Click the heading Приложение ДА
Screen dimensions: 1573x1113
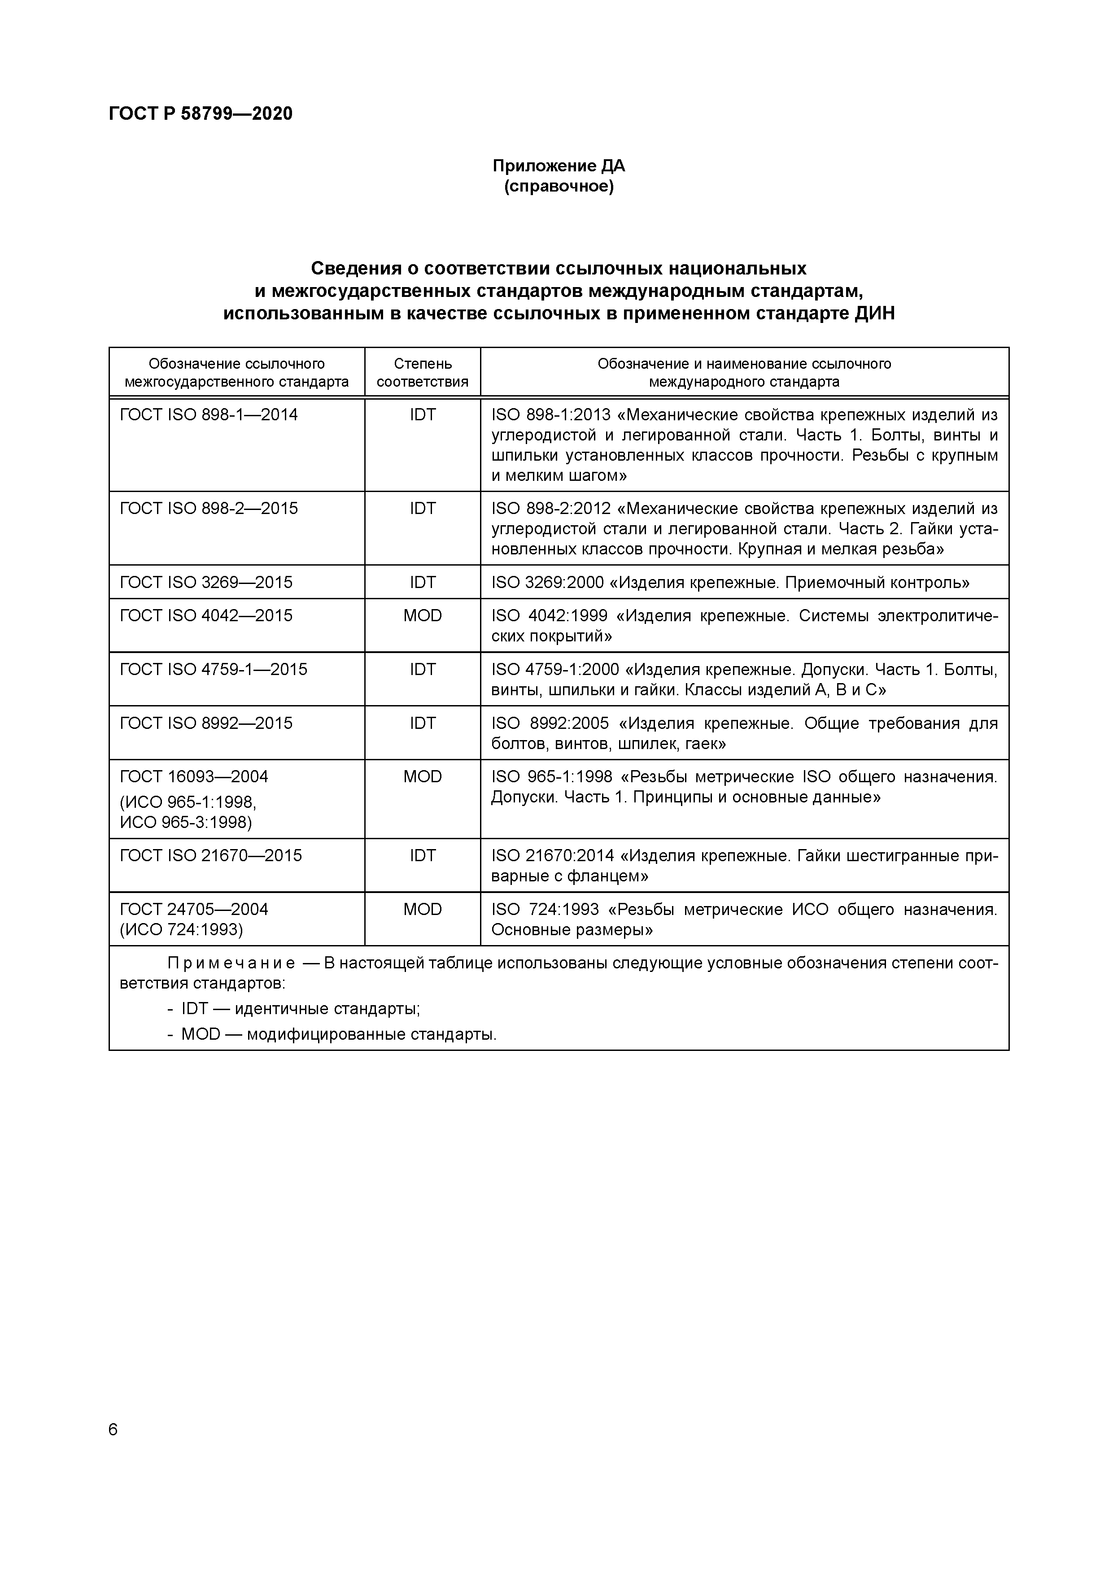click(x=559, y=166)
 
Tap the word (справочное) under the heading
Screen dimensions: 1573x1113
click(x=559, y=186)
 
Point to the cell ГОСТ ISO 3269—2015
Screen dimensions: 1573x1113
click(x=205, y=582)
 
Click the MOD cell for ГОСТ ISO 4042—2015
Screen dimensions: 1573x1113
click(x=422, y=615)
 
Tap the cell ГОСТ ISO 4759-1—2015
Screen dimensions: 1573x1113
click(x=213, y=669)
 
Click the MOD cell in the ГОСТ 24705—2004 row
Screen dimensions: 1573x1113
click(x=422, y=909)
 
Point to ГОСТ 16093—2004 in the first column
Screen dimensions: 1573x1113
click(x=194, y=777)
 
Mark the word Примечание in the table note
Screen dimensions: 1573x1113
click(x=231, y=964)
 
